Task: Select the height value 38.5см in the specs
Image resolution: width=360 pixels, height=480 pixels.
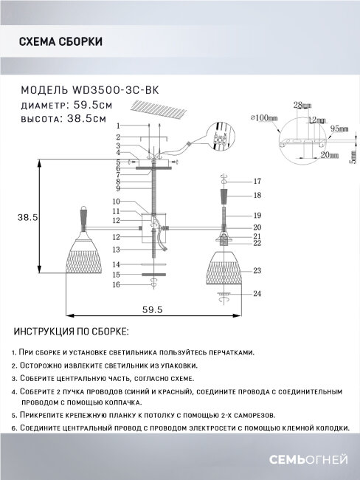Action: [x=85, y=118]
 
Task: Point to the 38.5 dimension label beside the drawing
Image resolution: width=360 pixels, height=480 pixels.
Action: [x=27, y=216]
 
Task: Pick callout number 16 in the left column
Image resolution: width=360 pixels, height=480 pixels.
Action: [x=117, y=284]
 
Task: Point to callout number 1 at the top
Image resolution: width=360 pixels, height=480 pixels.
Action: [x=117, y=127]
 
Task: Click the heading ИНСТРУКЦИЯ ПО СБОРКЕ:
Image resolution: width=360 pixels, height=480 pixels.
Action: [x=72, y=332]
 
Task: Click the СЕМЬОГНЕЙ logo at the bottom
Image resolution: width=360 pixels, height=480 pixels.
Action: [x=311, y=461]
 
